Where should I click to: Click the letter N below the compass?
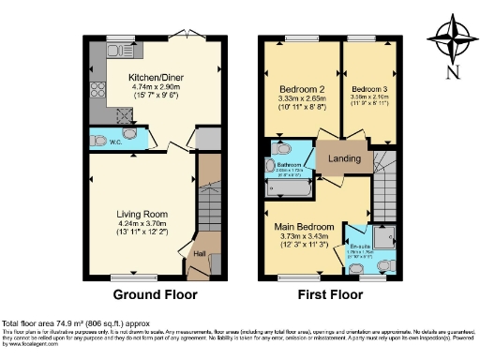[453, 72]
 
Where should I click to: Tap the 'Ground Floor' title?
[155, 293]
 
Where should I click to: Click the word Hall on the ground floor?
[199, 252]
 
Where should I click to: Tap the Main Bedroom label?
[302, 226]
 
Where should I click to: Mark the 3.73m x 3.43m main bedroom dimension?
[302, 237]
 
